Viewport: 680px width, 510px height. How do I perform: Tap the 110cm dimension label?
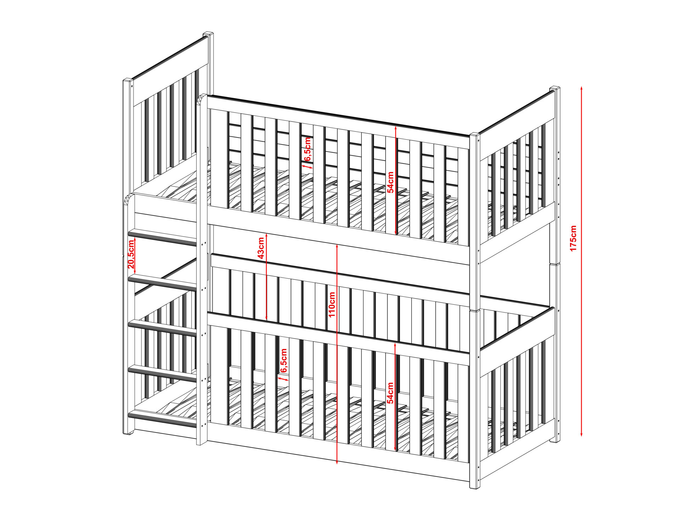332,305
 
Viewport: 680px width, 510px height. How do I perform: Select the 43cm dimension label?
261,248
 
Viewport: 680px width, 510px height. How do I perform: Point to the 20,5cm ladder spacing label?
131,254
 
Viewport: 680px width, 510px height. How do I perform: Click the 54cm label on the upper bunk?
390,182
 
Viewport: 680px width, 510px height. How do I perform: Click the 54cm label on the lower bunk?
390,393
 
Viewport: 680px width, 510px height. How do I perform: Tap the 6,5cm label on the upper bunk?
307,148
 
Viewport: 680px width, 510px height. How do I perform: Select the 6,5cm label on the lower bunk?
284,360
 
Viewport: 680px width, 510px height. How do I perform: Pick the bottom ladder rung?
163,419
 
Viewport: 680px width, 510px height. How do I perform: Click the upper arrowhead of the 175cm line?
582,89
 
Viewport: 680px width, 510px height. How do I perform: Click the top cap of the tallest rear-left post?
208,34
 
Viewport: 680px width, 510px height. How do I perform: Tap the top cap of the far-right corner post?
555,88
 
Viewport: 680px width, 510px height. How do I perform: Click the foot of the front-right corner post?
474,487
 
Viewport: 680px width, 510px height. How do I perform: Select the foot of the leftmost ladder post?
128,432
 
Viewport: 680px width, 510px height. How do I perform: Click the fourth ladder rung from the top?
163,373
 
